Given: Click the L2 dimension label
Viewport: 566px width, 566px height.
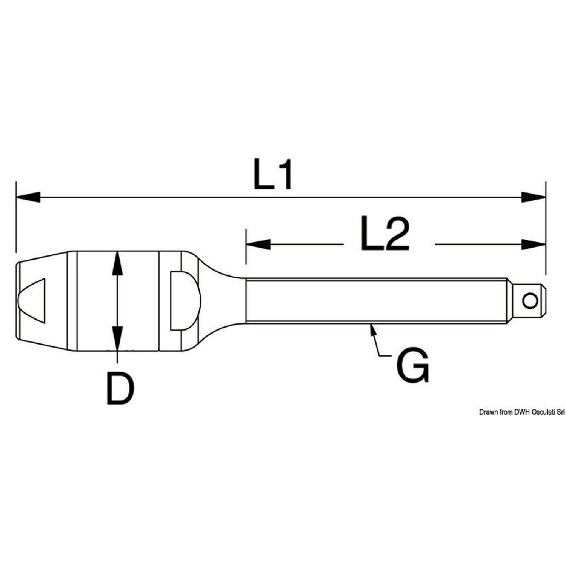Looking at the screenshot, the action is (x=385, y=233).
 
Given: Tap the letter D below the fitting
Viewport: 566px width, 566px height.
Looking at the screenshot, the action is (x=120, y=388).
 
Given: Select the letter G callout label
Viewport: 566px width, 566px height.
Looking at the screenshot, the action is (x=413, y=365).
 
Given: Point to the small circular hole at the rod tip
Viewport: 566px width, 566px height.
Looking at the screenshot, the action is (x=530, y=301).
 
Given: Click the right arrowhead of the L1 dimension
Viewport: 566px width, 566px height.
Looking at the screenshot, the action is (x=534, y=197).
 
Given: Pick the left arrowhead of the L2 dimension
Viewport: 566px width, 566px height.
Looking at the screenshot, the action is (x=258, y=244).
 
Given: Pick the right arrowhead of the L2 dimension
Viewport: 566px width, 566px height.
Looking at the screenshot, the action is (x=534, y=244).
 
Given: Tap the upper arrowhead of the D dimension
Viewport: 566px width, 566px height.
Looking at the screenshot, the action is (x=118, y=263).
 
